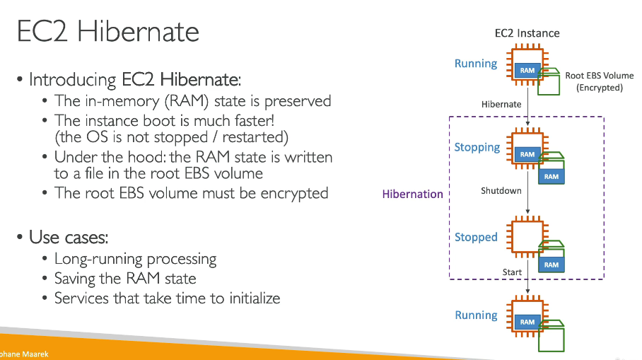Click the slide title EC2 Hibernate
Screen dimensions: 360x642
108,32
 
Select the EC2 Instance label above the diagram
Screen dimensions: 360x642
527,33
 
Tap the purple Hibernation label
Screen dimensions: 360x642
412,194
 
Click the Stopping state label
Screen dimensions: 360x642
477,147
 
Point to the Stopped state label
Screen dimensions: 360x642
476,237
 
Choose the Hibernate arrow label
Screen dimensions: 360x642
501,104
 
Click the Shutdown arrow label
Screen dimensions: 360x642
501,191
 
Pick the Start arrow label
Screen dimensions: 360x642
512,272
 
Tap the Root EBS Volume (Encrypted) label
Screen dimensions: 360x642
599,81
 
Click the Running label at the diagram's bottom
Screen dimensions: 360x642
476,315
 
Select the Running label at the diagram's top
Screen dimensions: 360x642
476,64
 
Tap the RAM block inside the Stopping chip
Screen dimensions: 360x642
527,154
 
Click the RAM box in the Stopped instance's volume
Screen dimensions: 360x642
551,265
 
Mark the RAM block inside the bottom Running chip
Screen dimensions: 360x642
527,322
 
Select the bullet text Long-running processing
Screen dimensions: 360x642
135,259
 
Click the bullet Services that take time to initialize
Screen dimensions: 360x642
167,298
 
